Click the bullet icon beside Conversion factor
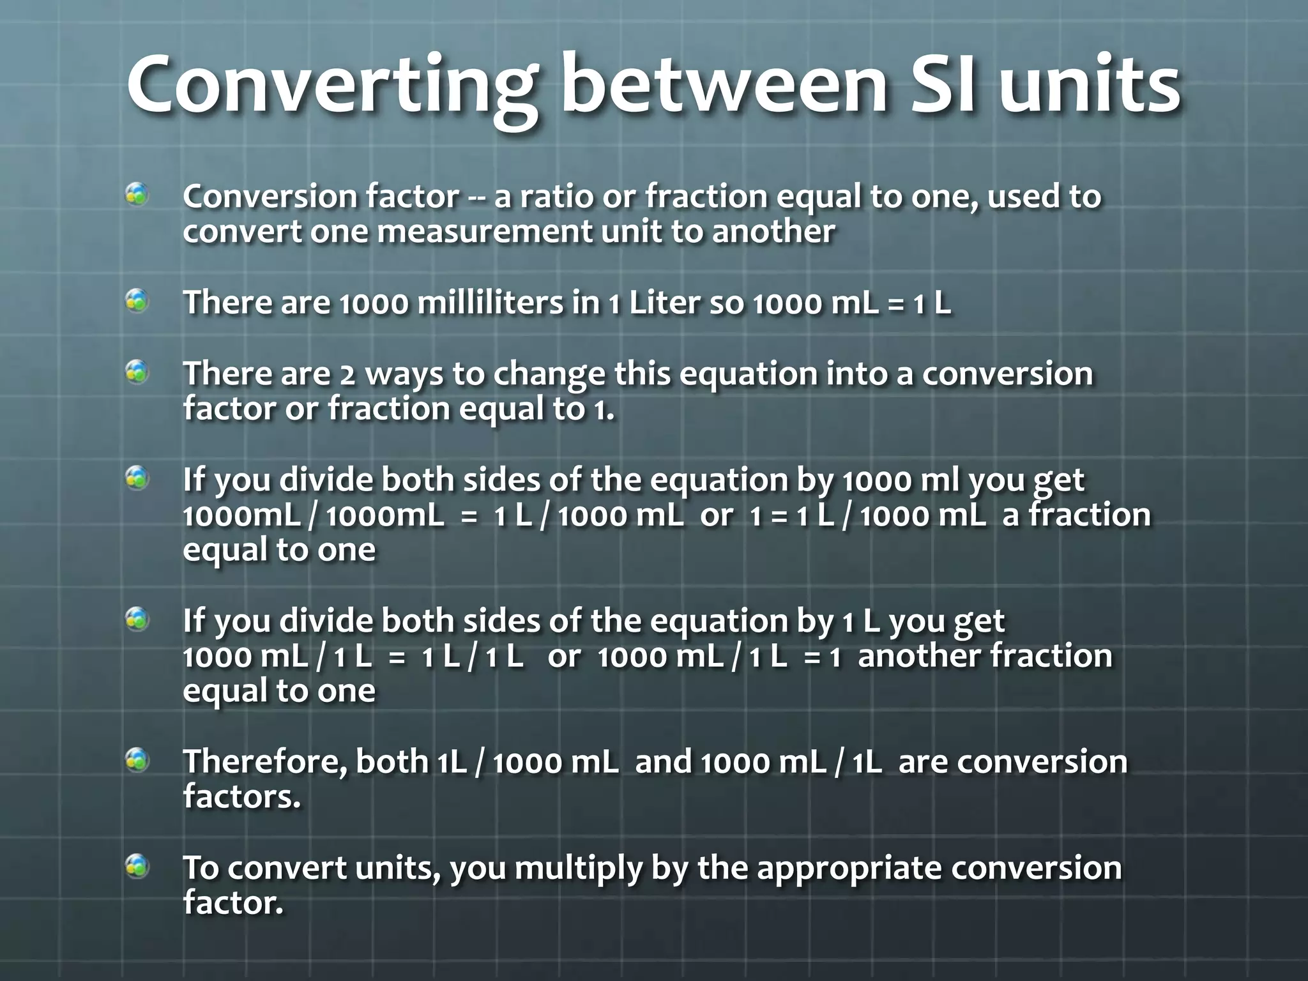pyautogui.click(x=137, y=194)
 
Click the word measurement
pyautogui.click(x=485, y=232)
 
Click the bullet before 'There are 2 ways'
pyautogui.click(x=137, y=371)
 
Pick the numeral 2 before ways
pyautogui.click(x=347, y=375)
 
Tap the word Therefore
pyautogui.click(x=265, y=763)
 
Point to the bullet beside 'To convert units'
pyautogui.click(x=137, y=866)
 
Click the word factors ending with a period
pyautogui.click(x=241, y=797)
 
